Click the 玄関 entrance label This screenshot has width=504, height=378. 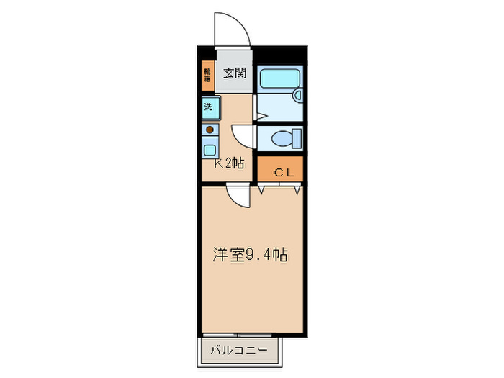[x=235, y=73]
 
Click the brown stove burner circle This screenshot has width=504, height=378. [x=210, y=130]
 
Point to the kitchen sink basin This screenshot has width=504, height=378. [x=210, y=150]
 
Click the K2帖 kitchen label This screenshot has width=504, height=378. [x=230, y=163]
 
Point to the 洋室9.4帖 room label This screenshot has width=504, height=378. [x=250, y=255]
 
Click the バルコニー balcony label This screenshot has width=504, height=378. [x=239, y=351]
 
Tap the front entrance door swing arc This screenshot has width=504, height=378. [x=233, y=29]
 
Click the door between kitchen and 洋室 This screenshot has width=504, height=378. [x=237, y=194]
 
